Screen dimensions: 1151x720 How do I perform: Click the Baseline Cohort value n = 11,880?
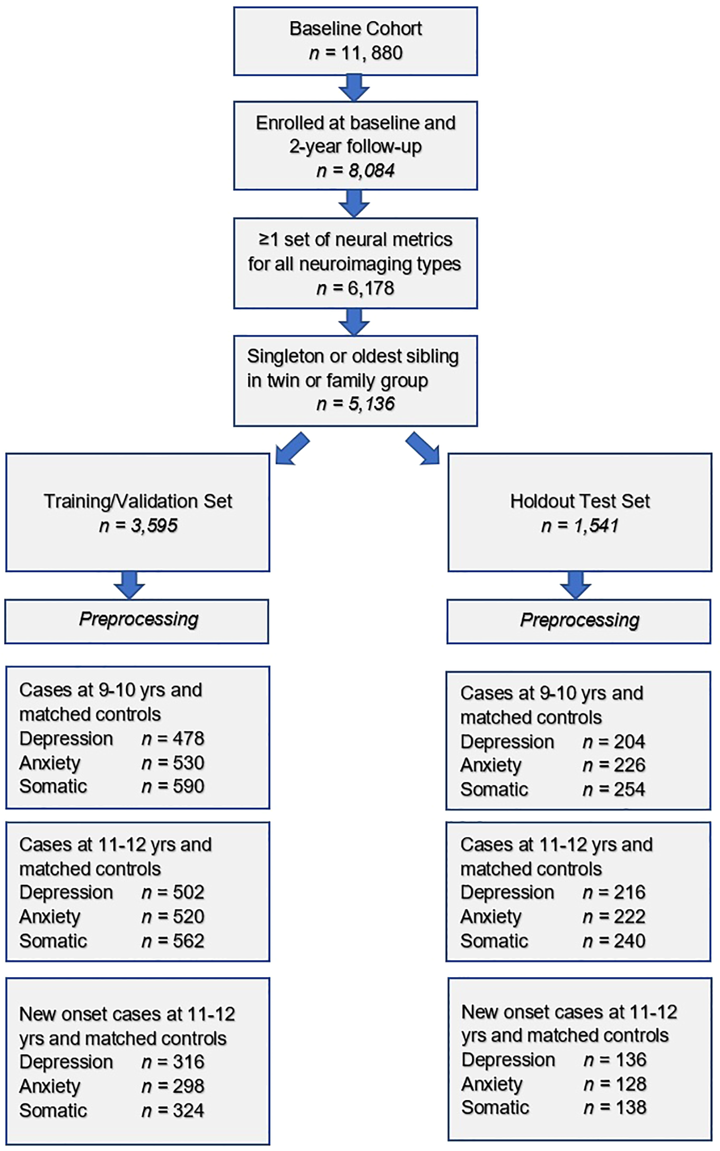coord(356,53)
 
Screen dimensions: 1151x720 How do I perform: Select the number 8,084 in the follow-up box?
coord(371,171)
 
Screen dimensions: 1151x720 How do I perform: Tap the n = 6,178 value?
coord(356,288)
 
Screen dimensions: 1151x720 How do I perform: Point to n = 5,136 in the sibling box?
coord(356,404)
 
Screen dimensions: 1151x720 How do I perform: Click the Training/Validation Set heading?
coord(138,501)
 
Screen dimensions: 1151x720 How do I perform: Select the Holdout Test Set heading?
coord(579,501)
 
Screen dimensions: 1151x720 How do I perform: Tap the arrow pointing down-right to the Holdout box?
coord(423,449)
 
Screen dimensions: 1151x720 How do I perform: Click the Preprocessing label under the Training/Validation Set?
coord(138,619)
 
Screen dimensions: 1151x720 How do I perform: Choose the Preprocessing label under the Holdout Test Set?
coord(579,620)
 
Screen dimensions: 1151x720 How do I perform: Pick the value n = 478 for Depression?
coord(173,739)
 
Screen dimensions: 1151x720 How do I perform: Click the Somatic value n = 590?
coord(173,786)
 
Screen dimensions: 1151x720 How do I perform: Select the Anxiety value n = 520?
coord(173,917)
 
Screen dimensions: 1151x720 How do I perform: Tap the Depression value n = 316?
coord(173,1062)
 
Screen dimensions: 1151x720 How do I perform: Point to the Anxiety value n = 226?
coord(614,765)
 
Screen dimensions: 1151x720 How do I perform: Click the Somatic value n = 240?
coord(614,941)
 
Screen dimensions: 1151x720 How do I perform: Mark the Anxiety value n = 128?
coord(615,1084)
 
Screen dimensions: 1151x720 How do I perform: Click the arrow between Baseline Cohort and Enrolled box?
coord(354,88)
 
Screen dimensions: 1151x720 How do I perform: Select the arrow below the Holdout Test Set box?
coord(576,585)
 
